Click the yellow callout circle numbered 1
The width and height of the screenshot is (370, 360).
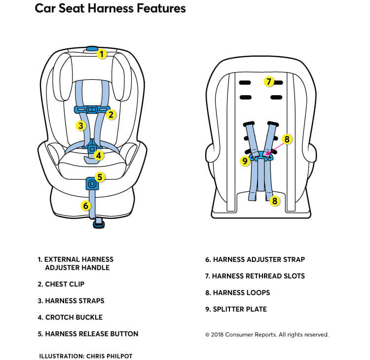102,54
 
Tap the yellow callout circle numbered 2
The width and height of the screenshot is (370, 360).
111,115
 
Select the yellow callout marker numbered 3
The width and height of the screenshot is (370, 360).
81,125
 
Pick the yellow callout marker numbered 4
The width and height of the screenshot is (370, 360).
99,156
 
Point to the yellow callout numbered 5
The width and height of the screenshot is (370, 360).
100,177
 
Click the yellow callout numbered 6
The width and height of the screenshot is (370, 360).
86,205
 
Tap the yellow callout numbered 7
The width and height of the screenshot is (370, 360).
268,81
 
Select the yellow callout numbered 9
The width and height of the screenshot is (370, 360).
245,160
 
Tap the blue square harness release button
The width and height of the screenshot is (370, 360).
92,184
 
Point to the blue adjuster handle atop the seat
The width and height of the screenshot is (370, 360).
92,49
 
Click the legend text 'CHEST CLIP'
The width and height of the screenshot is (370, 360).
65,284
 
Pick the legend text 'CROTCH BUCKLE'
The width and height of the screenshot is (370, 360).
74,317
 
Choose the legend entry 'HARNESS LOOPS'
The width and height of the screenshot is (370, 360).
241,292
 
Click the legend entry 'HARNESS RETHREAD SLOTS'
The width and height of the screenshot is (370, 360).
259,276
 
